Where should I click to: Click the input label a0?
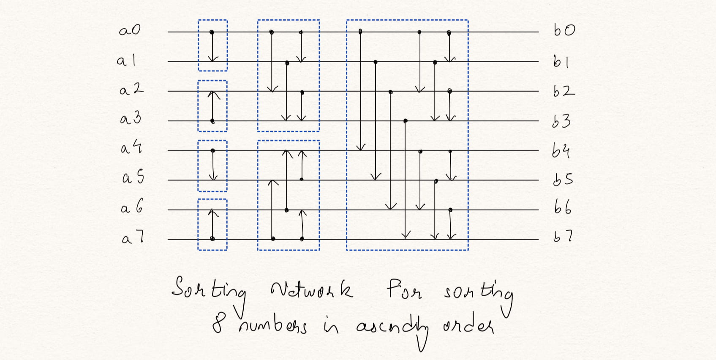coord(129,30)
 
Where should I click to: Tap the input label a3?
coord(130,118)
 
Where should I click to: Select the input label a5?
coord(133,177)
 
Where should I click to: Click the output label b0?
coord(564,30)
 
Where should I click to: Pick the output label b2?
coord(564,91)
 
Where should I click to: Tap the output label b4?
coord(561,150)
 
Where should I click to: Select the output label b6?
coord(563,207)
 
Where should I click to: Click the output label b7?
coord(563,237)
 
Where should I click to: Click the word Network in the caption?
coord(312,290)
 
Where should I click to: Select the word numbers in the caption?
coord(273,326)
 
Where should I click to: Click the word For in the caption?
coord(404,289)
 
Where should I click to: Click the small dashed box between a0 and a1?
coord(213,45)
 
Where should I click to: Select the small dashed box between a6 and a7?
coord(212,224)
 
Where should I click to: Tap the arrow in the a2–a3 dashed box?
coord(213,106)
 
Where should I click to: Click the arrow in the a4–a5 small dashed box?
coord(213,165)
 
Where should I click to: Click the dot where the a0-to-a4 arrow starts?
coord(360,31)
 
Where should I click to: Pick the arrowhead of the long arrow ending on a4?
coord(360,147)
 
